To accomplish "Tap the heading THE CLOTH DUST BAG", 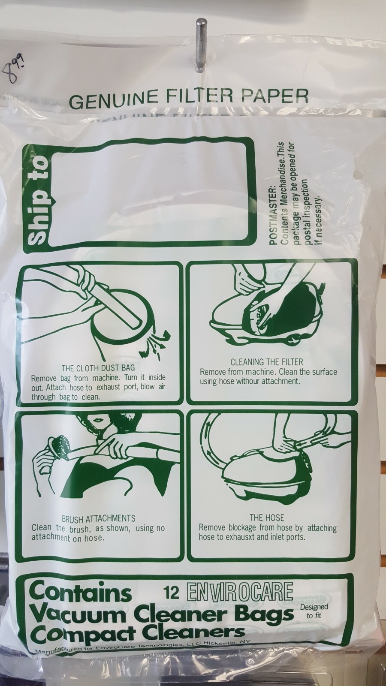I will pos(98,367).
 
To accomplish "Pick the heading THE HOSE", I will pos(267,518).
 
